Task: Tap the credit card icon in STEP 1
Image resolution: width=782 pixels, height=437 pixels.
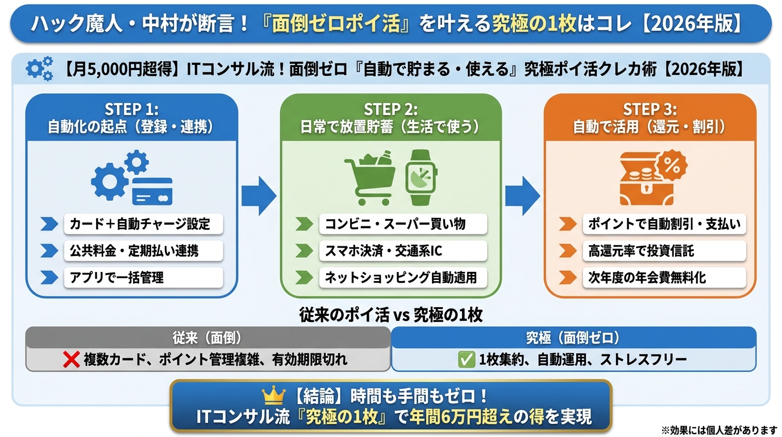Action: pos(152,191)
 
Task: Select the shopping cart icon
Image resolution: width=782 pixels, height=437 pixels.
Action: pos(371,178)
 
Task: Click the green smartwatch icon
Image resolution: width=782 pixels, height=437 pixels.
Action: pos(421,178)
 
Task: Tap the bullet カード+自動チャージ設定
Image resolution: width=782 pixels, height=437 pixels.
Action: pos(140,224)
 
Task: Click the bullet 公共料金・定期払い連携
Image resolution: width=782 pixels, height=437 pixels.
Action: pos(134,251)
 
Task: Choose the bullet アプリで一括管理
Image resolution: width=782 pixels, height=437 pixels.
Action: pos(117,278)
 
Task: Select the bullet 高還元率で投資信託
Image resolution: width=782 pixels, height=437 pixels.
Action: pos(641,251)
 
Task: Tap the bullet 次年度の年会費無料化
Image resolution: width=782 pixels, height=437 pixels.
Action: pos(647,278)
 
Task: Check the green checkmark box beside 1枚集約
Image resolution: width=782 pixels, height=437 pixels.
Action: pos(466,360)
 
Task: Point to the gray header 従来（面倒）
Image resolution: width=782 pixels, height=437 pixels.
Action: pos(207,337)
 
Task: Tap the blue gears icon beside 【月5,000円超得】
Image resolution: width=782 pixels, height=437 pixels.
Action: pos(40,68)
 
